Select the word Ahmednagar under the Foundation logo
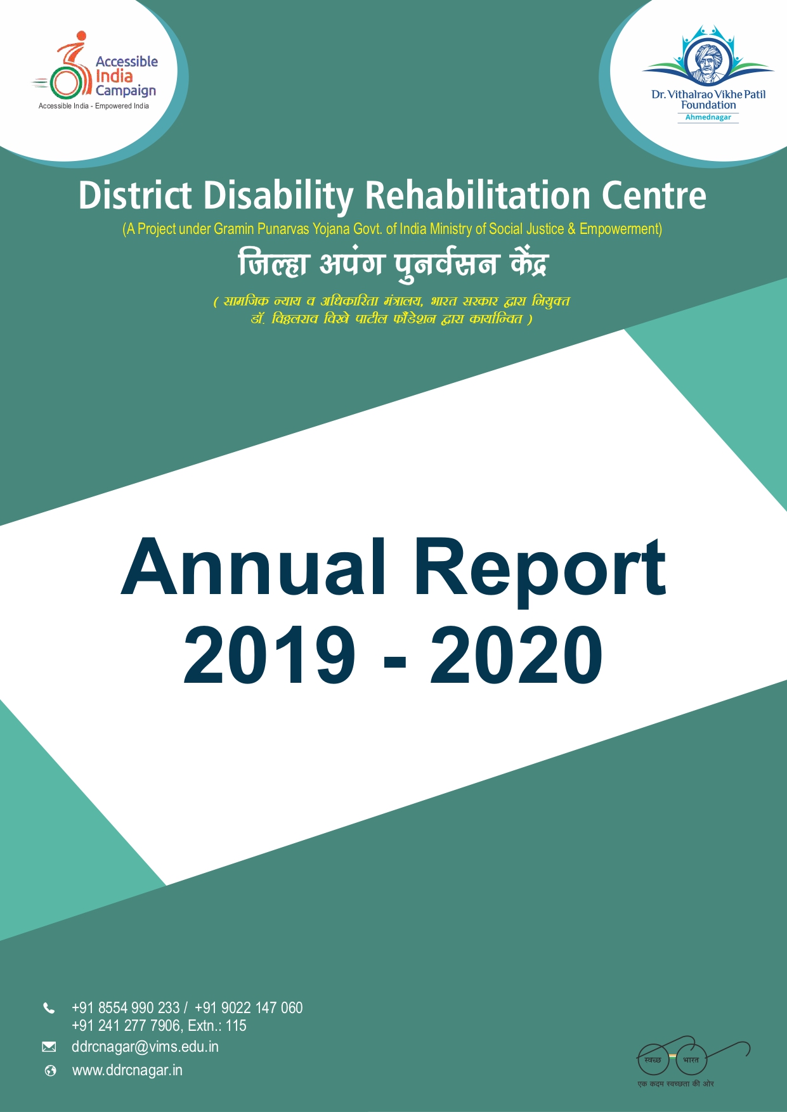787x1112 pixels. (x=708, y=117)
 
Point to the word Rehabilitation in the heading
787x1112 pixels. (x=478, y=196)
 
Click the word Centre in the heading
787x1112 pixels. (x=653, y=196)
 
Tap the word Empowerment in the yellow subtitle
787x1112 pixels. (x=620, y=229)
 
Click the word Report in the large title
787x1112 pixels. (x=540, y=569)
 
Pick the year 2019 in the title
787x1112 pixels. (x=269, y=654)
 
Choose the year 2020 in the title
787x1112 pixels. (x=516, y=654)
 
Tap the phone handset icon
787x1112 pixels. (x=49, y=1008)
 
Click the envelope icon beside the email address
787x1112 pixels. (x=49, y=1047)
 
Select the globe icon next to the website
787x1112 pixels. (x=50, y=1071)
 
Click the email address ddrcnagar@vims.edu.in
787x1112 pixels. (x=145, y=1047)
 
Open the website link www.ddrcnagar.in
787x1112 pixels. (x=127, y=1070)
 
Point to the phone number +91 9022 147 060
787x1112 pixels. (x=249, y=1008)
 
